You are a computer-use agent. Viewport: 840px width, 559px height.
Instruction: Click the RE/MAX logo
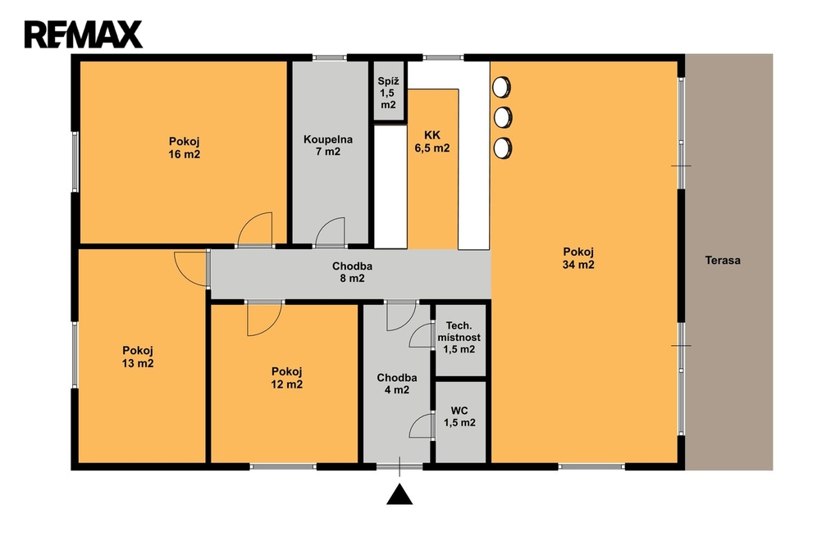[83, 34]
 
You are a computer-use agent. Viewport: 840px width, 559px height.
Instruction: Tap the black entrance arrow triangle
[399, 494]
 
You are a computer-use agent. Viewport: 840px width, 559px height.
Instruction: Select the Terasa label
[723, 261]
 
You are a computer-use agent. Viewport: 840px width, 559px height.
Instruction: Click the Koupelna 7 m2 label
[328, 146]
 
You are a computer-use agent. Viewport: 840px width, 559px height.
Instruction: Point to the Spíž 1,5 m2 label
[388, 93]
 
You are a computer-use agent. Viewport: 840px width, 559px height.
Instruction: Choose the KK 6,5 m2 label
[432, 142]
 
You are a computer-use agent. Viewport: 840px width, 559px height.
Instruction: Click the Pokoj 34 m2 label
[578, 258]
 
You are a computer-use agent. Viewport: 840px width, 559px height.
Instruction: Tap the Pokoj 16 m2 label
[185, 148]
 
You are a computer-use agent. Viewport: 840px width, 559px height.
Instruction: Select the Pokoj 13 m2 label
[138, 357]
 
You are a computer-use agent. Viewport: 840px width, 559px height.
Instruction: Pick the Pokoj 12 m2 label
[286, 378]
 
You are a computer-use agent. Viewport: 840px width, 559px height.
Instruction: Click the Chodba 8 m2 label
[352, 272]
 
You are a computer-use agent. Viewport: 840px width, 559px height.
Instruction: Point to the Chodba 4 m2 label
[397, 384]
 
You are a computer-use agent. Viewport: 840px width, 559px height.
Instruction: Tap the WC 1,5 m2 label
[459, 416]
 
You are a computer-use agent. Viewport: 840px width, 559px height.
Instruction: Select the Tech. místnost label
[459, 331]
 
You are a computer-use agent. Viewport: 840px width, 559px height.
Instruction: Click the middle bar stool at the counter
[502, 117]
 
